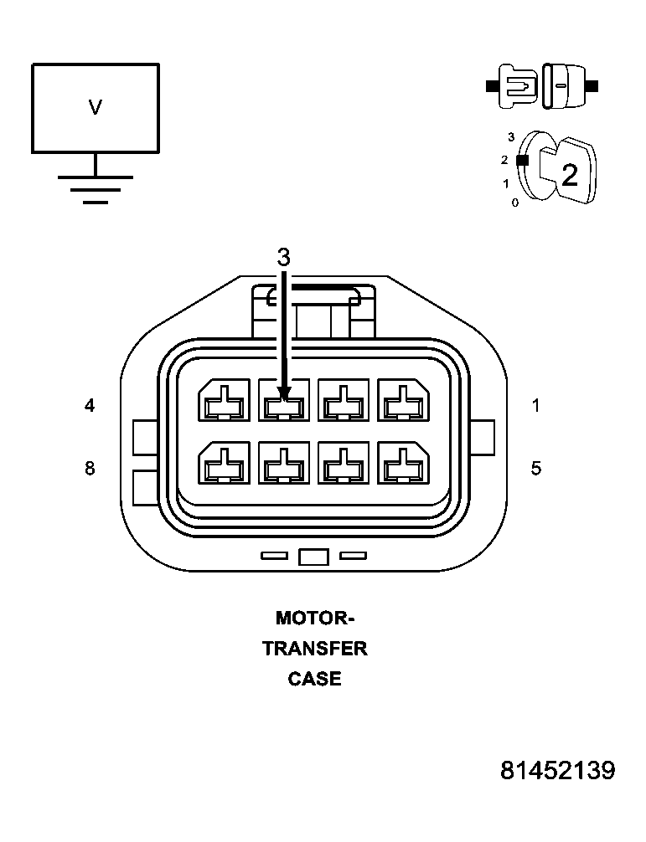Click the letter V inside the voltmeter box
(x=95, y=107)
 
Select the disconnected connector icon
(x=542, y=85)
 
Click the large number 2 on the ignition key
(x=570, y=176)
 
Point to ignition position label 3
(x=511, y=136)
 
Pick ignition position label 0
(x=514, y=203)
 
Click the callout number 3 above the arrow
(x=284, y=258)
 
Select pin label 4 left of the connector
(x=90, y=406)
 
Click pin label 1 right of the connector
(x=536, y=406)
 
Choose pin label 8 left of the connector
(x=90, y=468)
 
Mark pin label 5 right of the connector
(x=536, y=468)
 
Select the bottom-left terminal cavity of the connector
(x=224, y=463)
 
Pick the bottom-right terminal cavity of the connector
(x=404, y=463)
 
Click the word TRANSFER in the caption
(x=314, y=649)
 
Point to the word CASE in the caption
(x=314, y=679)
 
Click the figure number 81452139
(x=558, y=771)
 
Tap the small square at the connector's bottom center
(x=313, y=557)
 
